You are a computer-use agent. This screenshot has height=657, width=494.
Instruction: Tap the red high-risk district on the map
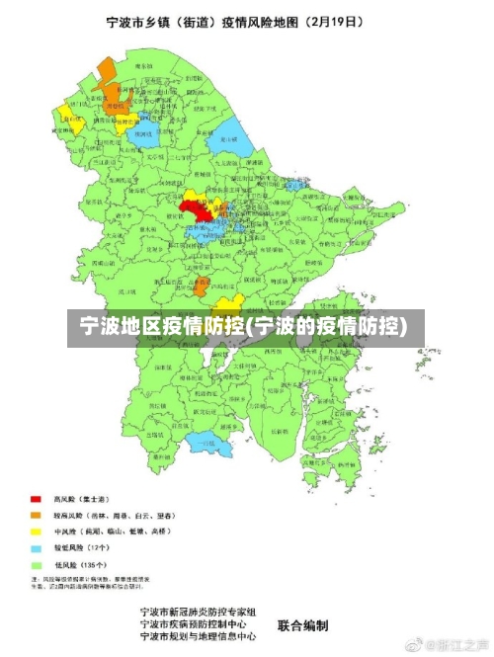point(196,207)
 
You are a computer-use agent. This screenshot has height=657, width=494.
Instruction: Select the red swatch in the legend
point(36,499)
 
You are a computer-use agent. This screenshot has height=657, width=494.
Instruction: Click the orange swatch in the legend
point(36,515)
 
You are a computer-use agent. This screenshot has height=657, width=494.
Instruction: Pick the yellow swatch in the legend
point(36,531)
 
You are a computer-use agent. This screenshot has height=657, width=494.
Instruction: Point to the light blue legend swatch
point(36,546)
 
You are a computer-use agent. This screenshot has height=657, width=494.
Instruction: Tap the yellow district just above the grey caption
point(228,304)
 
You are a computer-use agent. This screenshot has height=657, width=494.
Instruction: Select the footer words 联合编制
point(302,625)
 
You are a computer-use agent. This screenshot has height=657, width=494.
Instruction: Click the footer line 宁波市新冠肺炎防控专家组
point(198,613)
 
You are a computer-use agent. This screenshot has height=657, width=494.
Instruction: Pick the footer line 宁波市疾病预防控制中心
point(198,624)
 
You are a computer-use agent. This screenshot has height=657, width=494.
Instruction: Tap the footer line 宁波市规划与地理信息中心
point(198,637)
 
